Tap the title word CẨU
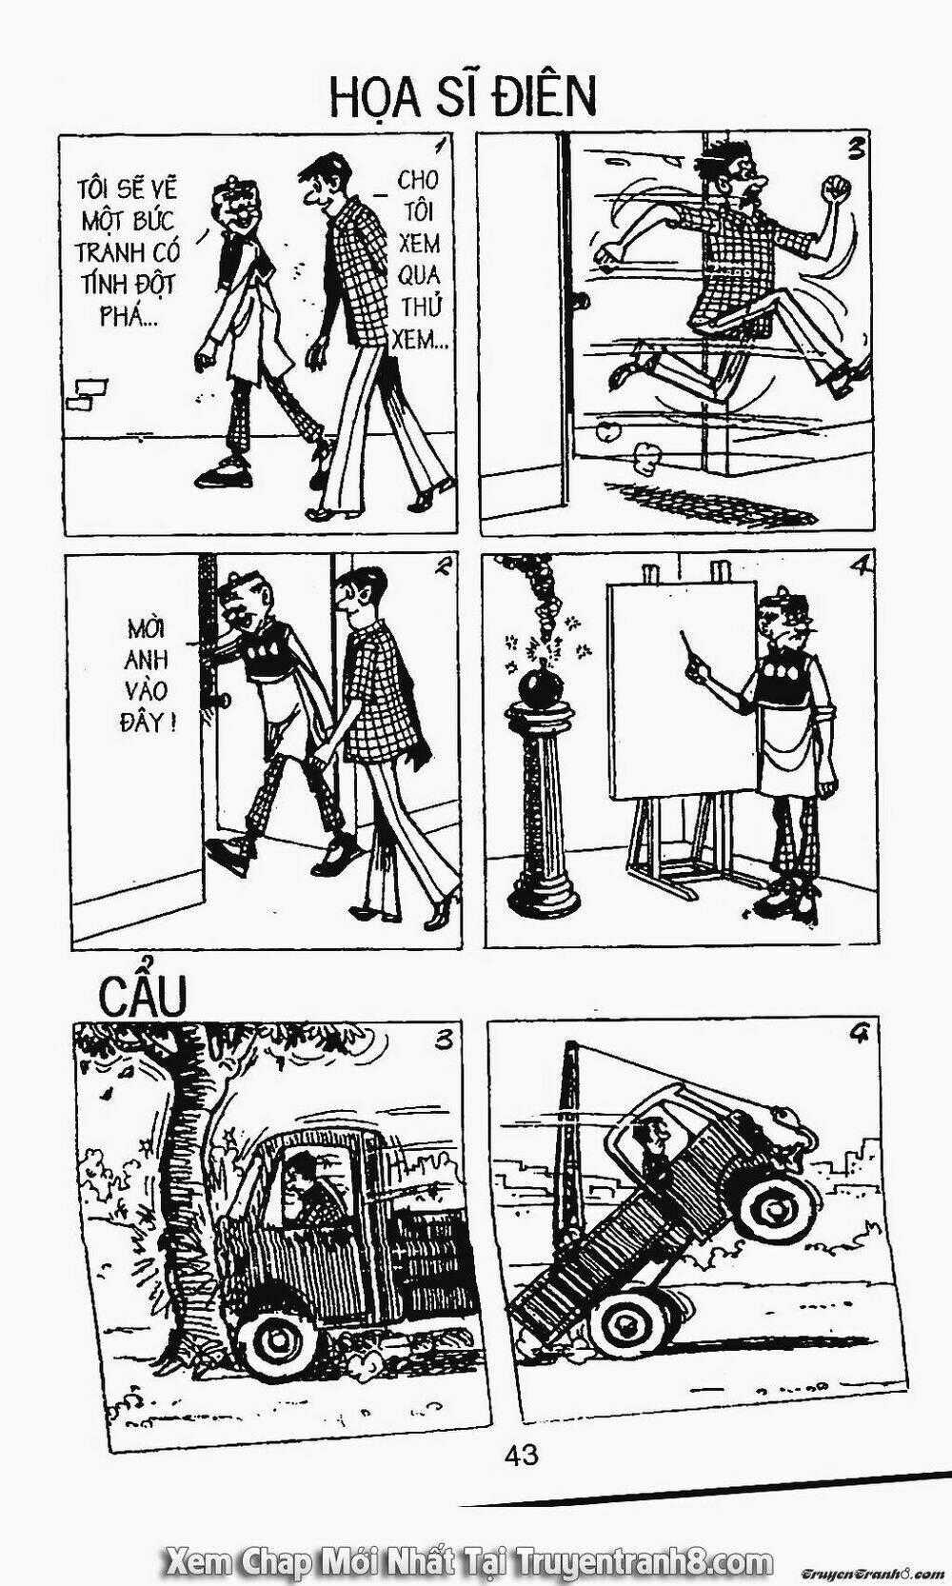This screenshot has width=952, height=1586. [x=143, y=997]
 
